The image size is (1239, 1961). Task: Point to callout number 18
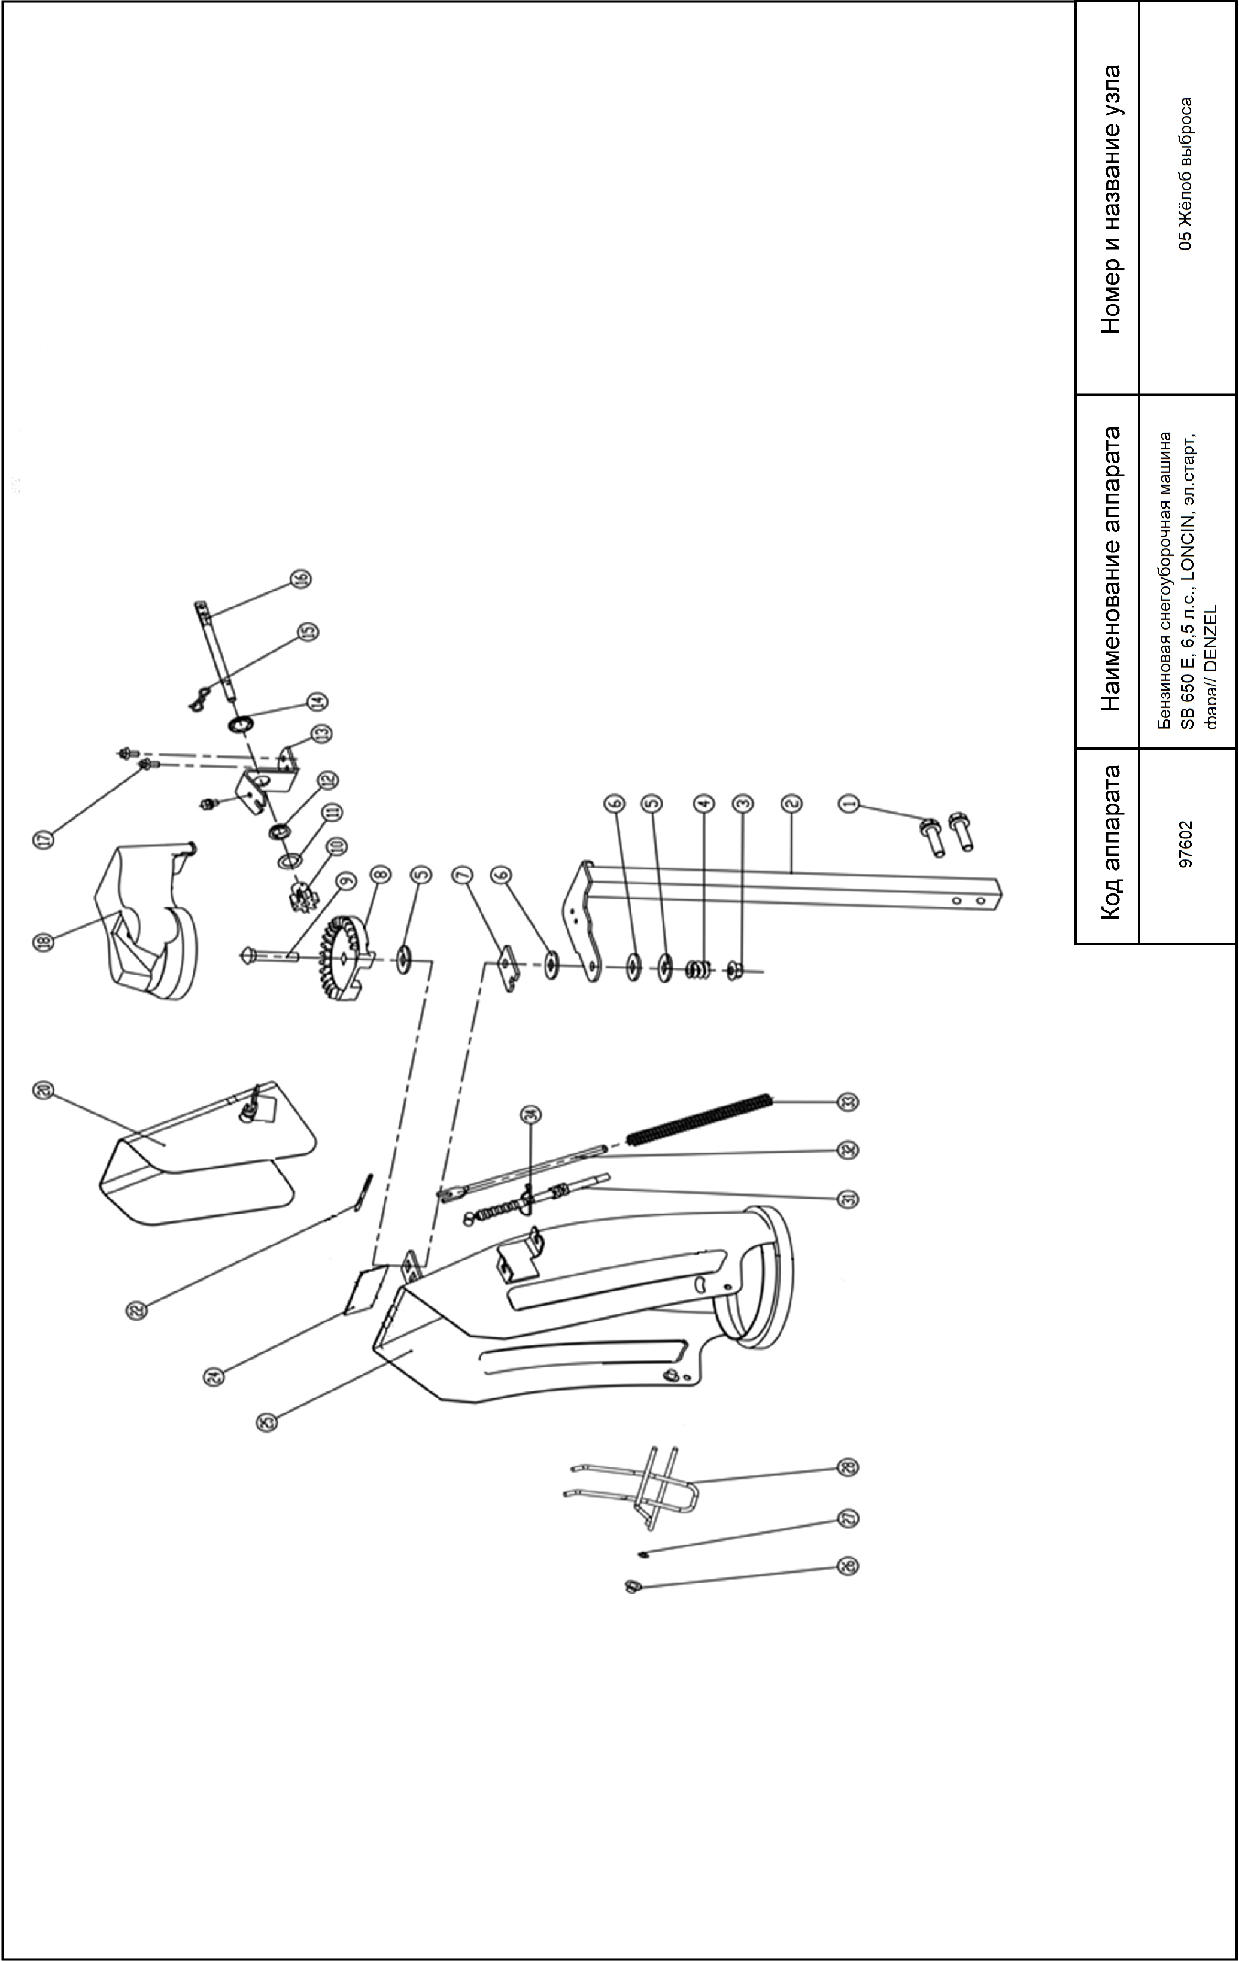43,941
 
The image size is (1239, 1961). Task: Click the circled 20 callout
43,1090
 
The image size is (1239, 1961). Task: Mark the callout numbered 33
847,1102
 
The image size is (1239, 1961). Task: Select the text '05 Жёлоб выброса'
1187,173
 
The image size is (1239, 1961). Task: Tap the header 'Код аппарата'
1110,841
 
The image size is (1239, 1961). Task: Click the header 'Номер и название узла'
1110,199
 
